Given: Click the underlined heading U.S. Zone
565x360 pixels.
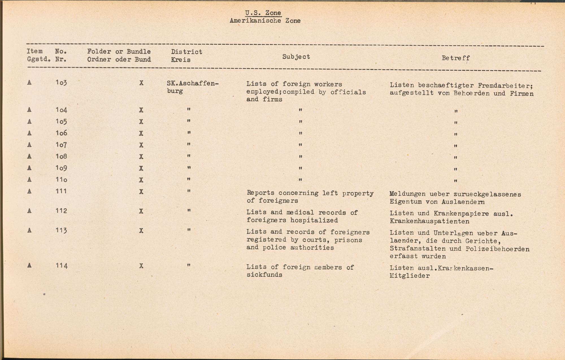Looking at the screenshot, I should coord(263,13).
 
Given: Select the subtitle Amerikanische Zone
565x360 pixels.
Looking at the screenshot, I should coord(265,21).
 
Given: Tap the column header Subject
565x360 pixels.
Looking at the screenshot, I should coord(296,57).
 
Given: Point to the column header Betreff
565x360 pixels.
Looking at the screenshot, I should coord(456,58).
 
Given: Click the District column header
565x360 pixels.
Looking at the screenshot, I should coord(186,52).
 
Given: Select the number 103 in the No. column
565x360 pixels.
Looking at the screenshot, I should coord(61,83).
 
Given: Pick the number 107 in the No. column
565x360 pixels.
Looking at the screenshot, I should coord(61,145).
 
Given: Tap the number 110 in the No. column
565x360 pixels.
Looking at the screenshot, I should coord(61,180).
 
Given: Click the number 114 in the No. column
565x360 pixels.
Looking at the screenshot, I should coord(61,266).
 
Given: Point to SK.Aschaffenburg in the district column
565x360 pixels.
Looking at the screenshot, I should coord(193,87).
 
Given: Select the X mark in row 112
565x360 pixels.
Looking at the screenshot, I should coord(141,211).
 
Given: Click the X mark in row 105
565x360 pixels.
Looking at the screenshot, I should coord(141,122).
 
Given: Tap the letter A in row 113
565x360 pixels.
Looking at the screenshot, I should coord(29,230).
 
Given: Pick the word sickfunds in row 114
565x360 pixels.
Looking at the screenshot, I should coord(264,275).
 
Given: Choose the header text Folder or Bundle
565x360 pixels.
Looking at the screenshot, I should coord(119,51).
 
